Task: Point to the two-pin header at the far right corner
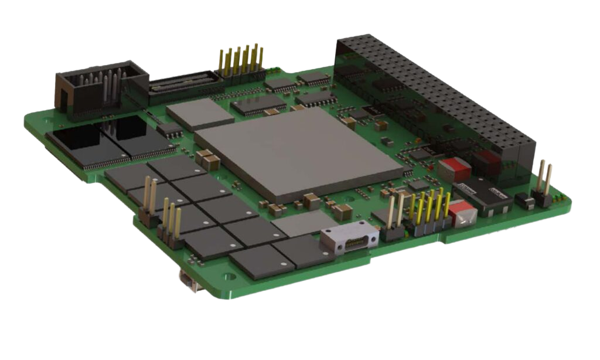coord(543,185)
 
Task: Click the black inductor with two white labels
coord(484,196)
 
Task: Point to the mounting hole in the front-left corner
coord(225,274)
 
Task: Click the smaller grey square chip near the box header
coord(200,114)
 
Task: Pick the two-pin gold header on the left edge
coord(148,205)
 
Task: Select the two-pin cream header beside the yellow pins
coord(394,220)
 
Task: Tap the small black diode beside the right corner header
coord(524,202)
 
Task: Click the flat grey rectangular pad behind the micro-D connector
coord(304,223)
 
